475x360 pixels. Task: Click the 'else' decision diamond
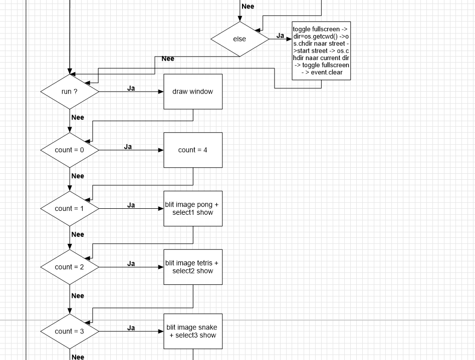click(x=240, y=39)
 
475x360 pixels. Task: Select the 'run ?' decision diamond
click(x=70, y=92)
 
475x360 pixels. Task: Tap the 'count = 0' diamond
click(x=70, y=150)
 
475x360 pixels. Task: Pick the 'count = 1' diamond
click(x=70, y=208)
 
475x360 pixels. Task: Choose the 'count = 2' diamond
click(x=70, y=267)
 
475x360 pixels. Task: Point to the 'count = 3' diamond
click(x=70, y=331)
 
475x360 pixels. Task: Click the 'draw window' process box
click(x=193, y=92)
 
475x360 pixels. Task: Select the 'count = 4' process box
click(x=193, y=150)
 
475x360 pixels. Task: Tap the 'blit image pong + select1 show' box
click(x=193, y=208)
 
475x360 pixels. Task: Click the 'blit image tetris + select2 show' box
click(x=193, y=267)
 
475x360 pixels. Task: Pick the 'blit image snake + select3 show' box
click(x=193, y=331)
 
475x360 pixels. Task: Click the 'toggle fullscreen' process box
click(x=321, y=51)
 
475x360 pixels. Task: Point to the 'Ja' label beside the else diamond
click(x=281, y=36)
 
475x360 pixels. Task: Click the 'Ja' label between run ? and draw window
click(x=131, y=88)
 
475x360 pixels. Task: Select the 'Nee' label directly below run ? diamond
click(x=78, y=118)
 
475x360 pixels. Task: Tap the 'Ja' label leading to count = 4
click(x=128, y=147)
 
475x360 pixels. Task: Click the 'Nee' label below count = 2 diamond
click(x=78, y=296)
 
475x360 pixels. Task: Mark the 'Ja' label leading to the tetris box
click(x=131, y=263)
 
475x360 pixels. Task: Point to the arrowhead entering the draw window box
click(x=161, y=92)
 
